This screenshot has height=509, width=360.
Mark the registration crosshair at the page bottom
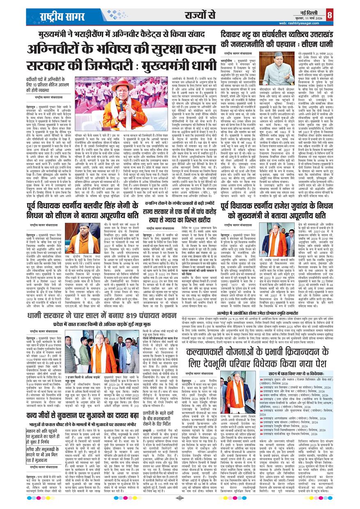pos(180,498)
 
